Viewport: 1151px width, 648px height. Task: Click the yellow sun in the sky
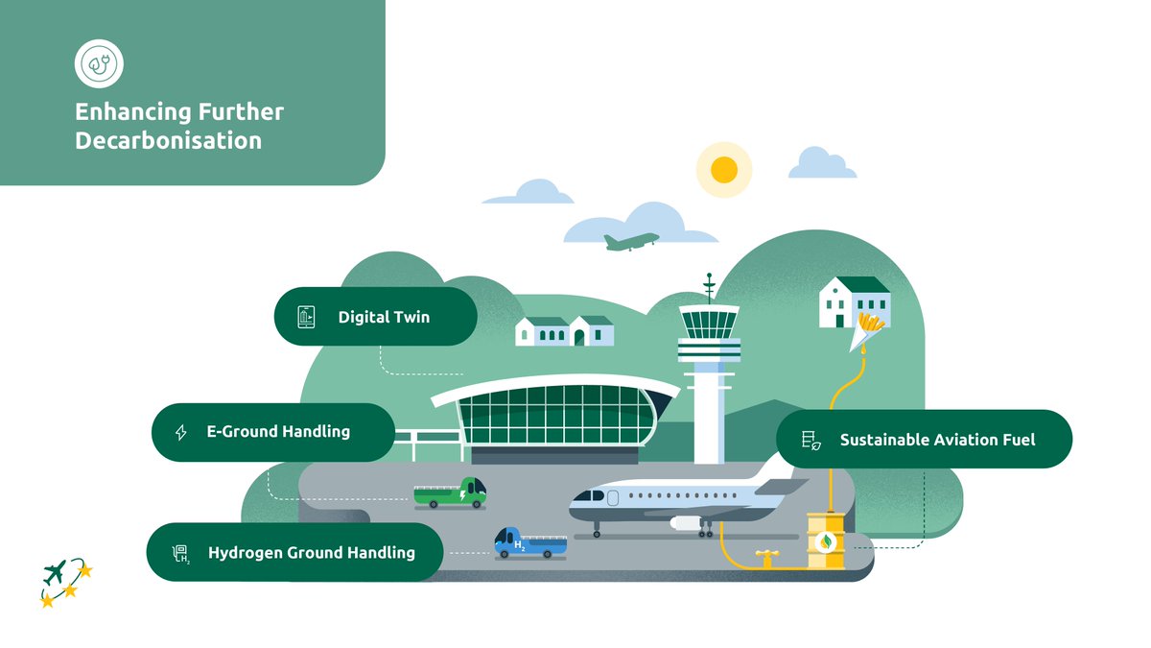coord(724,170)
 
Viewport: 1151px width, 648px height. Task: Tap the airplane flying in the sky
coord(631,240)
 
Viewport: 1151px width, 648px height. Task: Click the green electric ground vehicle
coord(450,493)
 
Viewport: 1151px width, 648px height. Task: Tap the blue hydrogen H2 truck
coord(529,542)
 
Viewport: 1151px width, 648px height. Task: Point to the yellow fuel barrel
coord(825,541)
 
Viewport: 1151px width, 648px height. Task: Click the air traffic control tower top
coord(709,323)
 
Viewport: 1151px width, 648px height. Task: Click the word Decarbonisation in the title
coord(169,140)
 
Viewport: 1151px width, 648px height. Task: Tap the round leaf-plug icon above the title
coord(99,63)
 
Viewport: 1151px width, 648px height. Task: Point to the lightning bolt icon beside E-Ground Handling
coord(180,433)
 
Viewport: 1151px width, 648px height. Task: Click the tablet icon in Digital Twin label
coord(306,317)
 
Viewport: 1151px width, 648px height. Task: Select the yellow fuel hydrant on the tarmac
coord(765,557)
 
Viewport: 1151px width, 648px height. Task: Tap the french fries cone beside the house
coord(868,330)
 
